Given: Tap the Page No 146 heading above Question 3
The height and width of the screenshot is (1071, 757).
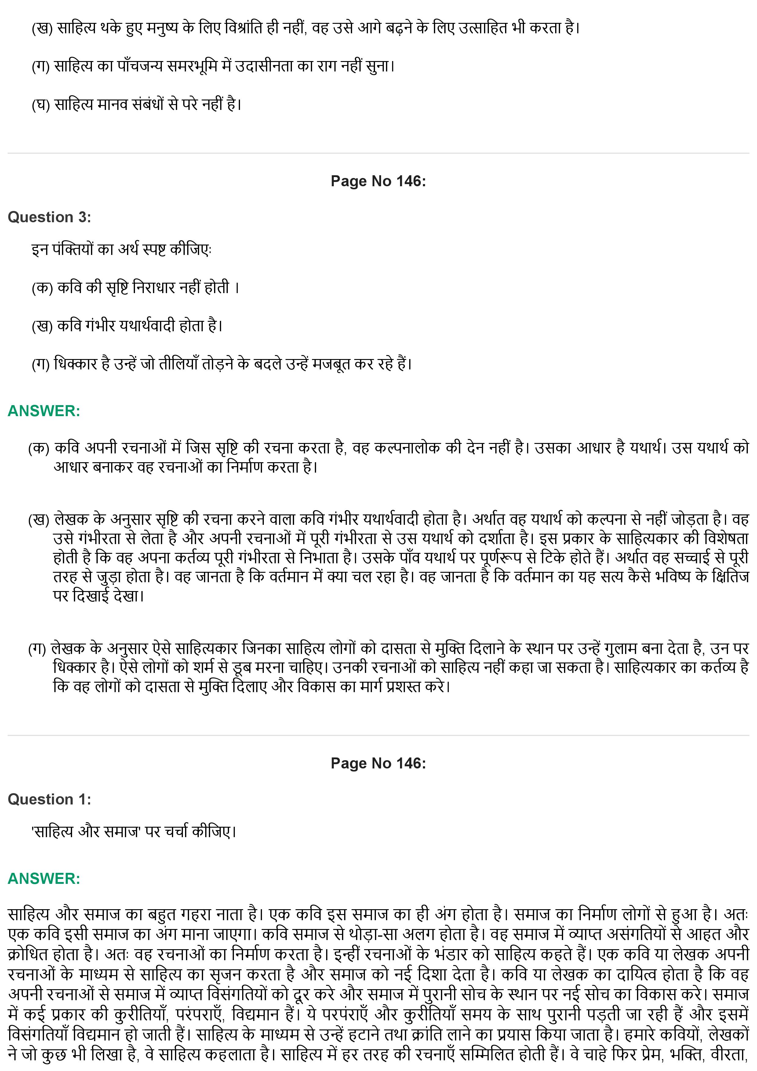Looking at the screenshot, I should [378, 181].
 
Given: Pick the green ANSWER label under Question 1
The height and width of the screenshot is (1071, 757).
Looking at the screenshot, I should [44, 879].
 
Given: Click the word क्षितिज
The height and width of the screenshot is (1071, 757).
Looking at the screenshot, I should [730, 577].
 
